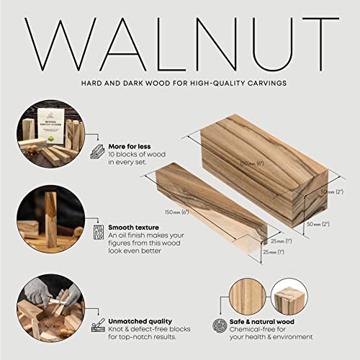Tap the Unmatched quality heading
141,321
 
